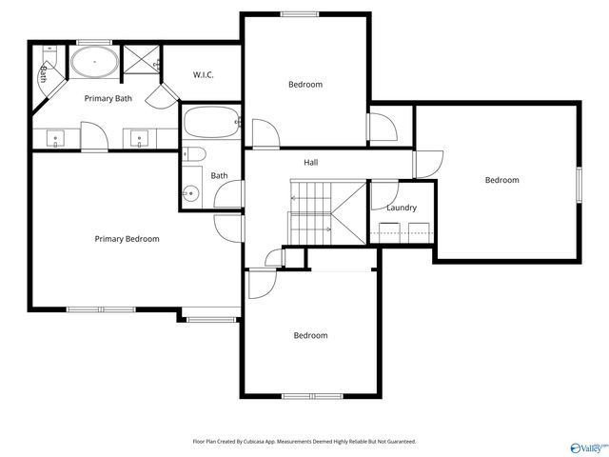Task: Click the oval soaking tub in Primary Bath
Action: [95, 66]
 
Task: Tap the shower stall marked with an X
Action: [142, 59]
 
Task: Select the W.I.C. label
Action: [204, 74]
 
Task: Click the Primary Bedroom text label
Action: [127, 239]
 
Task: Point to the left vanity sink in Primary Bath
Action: [55, 139]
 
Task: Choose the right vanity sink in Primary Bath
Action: [140, 139]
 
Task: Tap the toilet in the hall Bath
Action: [194, 154]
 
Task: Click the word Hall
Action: [310, 163]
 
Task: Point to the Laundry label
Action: [401, 208]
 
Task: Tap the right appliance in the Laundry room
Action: [417, 232]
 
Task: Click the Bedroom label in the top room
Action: [305, 85]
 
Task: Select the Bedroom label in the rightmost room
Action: [501, 180]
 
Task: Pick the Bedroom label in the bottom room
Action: [310, 335]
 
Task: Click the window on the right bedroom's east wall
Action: [579, 183]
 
